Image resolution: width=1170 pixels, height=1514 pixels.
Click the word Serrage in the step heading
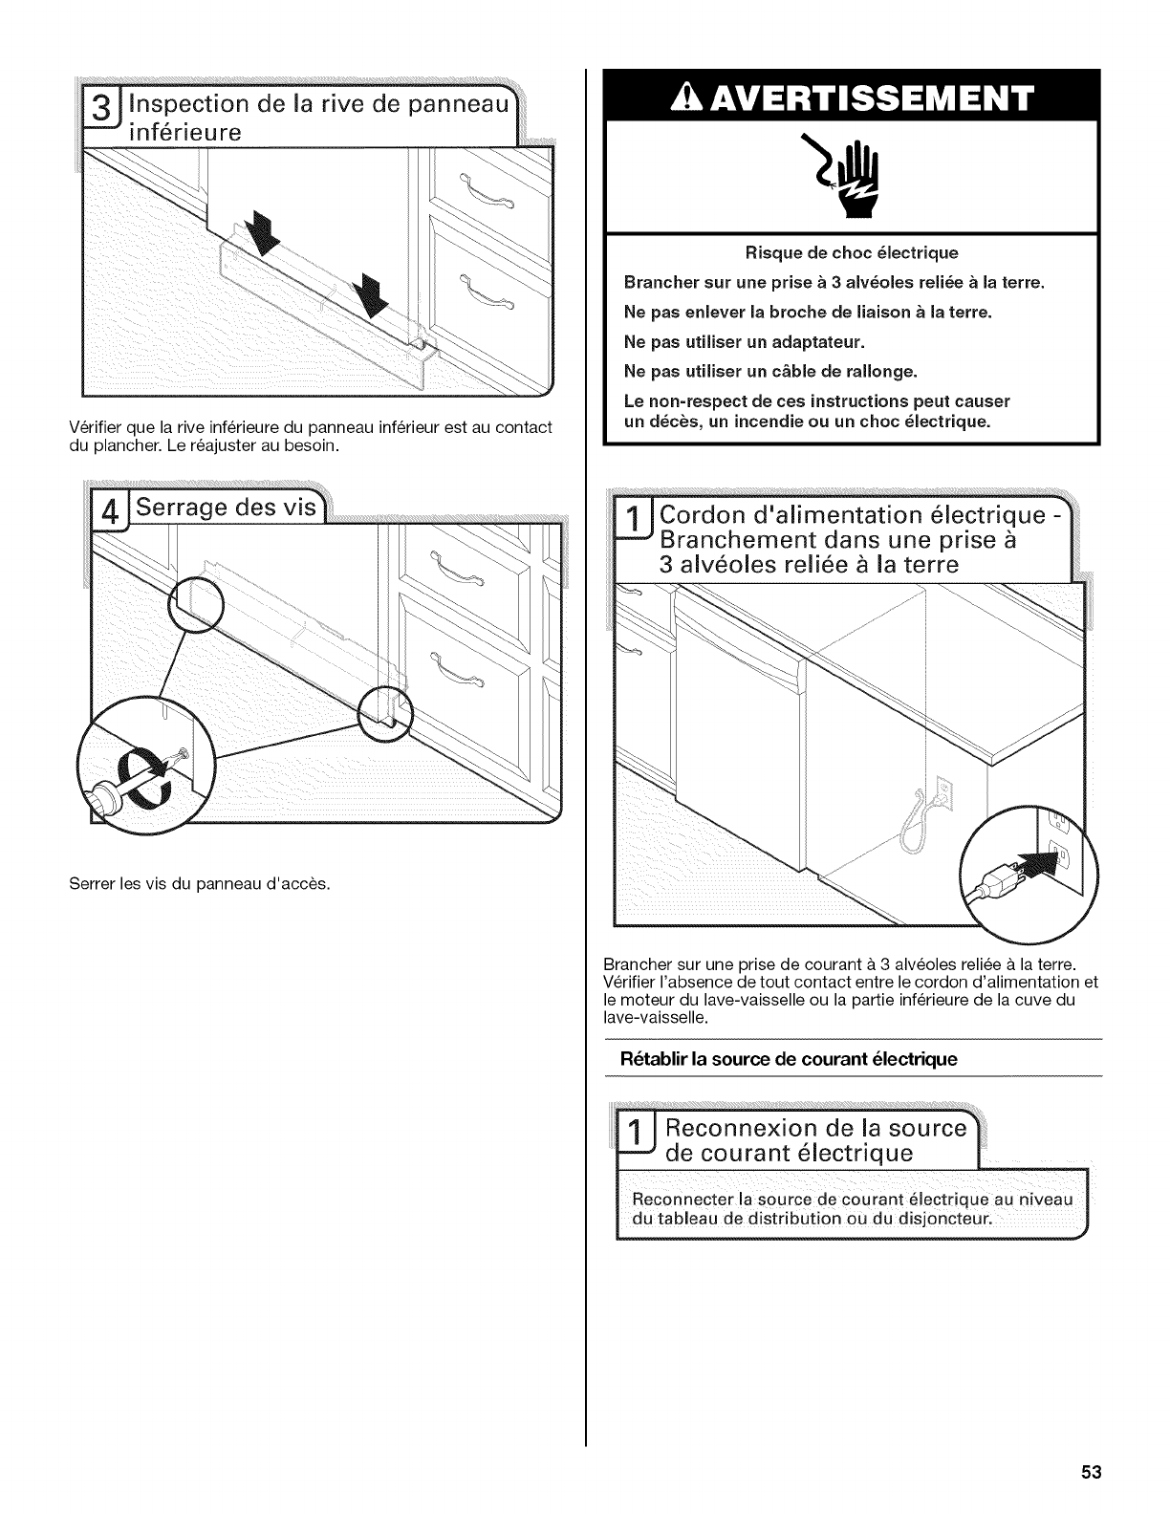click(181, 508)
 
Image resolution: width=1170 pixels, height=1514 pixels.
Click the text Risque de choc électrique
click(851, 253)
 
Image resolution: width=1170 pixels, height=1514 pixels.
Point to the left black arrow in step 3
click(258, 236)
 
